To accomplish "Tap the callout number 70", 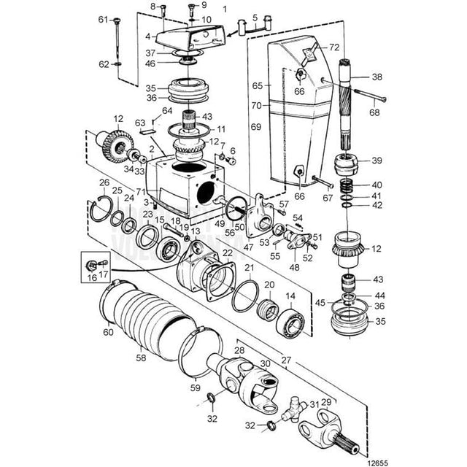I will click(x=256, y=105).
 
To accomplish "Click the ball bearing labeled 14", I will click(x=295, y=320).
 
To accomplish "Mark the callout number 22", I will click(x=228, y=252).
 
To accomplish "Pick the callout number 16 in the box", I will click(x=90, y=277).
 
